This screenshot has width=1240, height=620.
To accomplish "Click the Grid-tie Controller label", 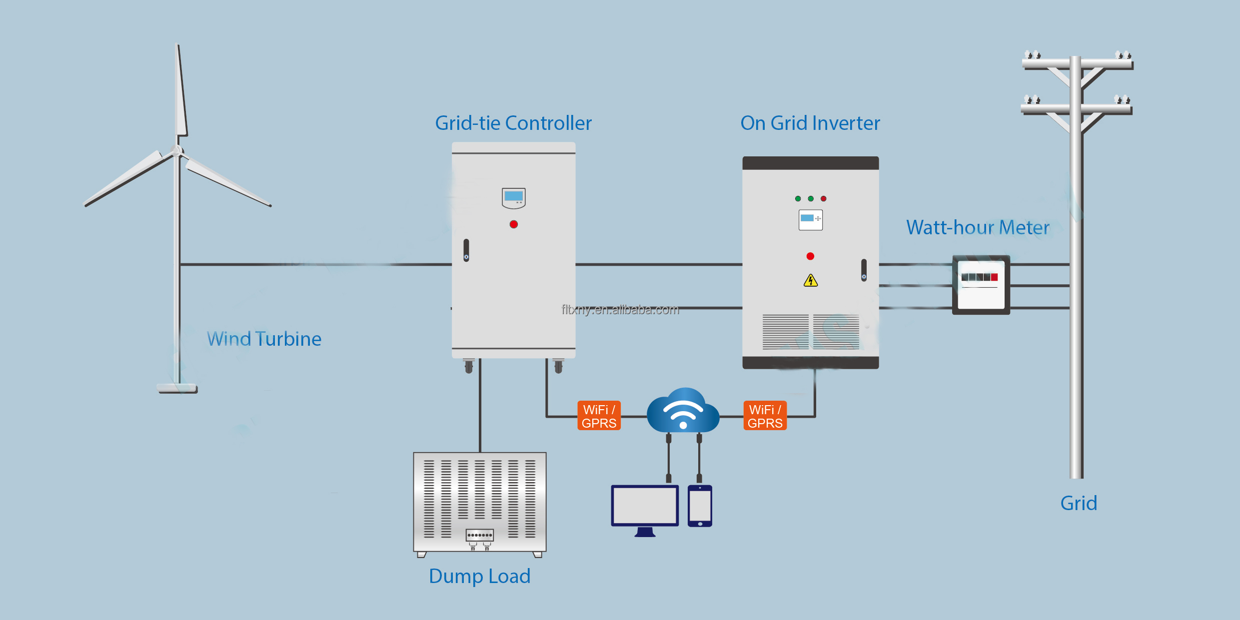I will click(x=513, y=123).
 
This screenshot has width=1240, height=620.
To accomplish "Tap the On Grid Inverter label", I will click(x=810, y=123).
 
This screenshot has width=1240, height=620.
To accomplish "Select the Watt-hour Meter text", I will click(x=978, y=228).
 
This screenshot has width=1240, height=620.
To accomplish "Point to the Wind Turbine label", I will click(x=264, y=339).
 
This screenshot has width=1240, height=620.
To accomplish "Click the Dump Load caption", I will click(x=479, y=577).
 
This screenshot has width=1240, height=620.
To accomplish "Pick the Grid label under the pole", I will click(x=1079, y=504).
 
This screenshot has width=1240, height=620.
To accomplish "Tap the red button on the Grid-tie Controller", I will click(x=514, y=224).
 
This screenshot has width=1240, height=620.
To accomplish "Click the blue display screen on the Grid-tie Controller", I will click(x=514, y=196).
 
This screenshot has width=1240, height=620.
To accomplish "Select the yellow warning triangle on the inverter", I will click(x=811, y=281).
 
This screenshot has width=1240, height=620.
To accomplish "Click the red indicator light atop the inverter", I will click(x=824, y=199).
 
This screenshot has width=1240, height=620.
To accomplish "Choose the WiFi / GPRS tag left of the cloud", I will click(x=599, y=416).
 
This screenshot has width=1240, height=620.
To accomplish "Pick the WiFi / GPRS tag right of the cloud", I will click(x=765, y=416).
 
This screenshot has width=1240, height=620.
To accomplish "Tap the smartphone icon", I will click(x=700, y=506).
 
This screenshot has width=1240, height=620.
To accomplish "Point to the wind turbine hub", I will click(x=177, y=150).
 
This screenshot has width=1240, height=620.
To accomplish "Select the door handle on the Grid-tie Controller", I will click(x=466, y=250).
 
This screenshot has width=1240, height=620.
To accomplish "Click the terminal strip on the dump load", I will click(x=480, y=535).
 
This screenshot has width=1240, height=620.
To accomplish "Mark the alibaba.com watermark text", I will click(x=620, y=310).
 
